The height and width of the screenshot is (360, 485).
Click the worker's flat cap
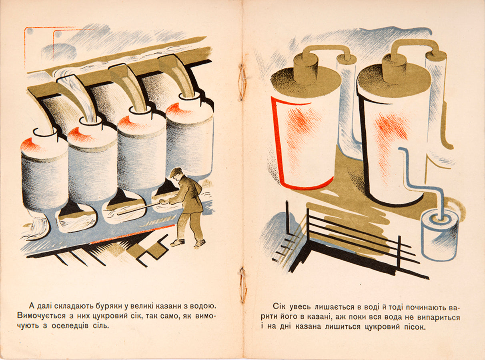click(176, 172)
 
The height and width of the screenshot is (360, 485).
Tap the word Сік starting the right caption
click(279, 307)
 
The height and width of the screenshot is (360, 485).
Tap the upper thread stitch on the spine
click(242, 82)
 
